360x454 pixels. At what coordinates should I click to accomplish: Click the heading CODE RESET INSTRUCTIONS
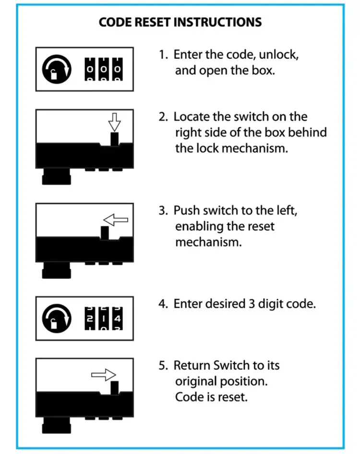click(180, 23)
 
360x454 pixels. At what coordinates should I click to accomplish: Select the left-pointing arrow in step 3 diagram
click(116, 220)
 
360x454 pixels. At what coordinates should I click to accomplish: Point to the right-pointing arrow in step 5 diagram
click(104, 375)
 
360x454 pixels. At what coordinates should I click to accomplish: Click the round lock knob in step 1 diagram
click(57, 69)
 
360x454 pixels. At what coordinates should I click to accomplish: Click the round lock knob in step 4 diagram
click(57, 319)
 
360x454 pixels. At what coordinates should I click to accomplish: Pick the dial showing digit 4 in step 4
click(118, 319)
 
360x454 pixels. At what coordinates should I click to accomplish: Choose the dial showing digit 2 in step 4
click(90, 319)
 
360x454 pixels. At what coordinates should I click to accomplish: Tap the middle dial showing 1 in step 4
click(104, 319)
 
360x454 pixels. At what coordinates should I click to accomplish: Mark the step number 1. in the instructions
click(164, 55)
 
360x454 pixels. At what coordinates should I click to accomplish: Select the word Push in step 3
click(185, 210)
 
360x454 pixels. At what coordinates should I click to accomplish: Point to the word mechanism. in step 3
click(208, 242)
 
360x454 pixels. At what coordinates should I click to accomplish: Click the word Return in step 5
click(191, 366)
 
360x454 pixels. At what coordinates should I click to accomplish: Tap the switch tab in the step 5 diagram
click(114, 387)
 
